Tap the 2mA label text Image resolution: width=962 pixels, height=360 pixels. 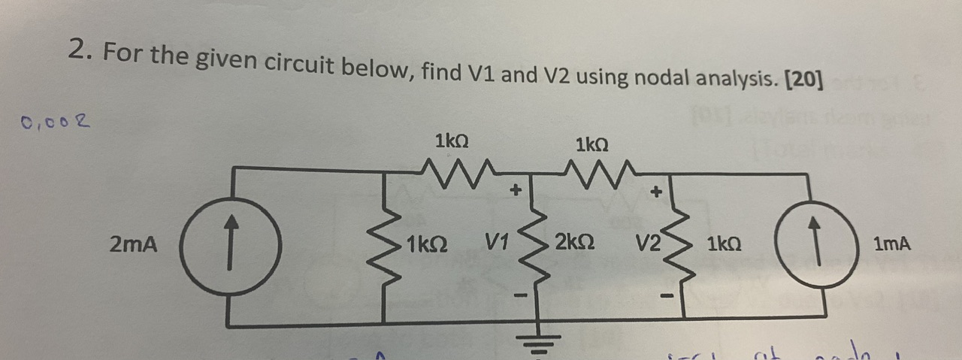(x=134, y=244)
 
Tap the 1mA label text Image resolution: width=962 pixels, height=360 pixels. (x=892, y=244)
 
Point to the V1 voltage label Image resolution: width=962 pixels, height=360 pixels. (x=498, y=244)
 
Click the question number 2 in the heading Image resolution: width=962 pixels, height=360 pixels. (x=78, y=50)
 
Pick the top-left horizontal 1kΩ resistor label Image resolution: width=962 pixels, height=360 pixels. (x=452, y=140)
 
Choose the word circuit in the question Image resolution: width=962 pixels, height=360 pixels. (x=299, y=66)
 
